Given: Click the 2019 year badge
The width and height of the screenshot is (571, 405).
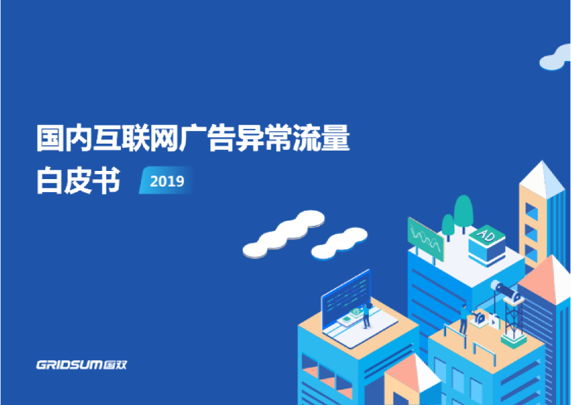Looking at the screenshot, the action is pyautogui.click(x=166, y=180).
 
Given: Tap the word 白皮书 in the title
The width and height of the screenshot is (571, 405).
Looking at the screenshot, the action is pyautogui.click(x=78, y=180).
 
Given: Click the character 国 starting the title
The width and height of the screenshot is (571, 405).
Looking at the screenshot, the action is pyautogui.click(x=50, y=138).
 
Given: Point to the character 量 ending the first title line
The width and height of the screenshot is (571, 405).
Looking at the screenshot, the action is pyautogui.click(x=336, y=138).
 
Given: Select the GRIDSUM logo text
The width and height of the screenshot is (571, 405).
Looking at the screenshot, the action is pyautogui.click(x=69, y=364).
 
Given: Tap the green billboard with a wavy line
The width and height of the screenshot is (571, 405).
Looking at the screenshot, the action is pyautogui.click(x=426, y=239).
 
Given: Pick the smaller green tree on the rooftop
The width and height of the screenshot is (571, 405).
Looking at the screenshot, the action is pyautogui.click(x=448, y=226).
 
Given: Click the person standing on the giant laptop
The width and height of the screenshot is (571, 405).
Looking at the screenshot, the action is pyautogui.click(x=366, y=315).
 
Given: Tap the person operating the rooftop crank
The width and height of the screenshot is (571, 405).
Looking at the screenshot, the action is pyautogui.click(x=464, y=320).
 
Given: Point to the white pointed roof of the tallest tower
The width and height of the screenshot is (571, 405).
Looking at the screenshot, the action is pyautogui.click(x=543, y=179).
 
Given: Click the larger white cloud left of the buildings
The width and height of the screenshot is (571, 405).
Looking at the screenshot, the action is pyautogui.click(x=283, y=233).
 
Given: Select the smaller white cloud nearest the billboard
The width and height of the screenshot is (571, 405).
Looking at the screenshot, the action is pyautogui.click(x=339, y=244).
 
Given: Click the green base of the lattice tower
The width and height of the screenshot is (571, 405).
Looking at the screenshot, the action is pyautogui.click(x=513, y=341).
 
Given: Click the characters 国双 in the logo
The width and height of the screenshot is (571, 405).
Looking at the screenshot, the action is pyautogui.click(x=115, y=364).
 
